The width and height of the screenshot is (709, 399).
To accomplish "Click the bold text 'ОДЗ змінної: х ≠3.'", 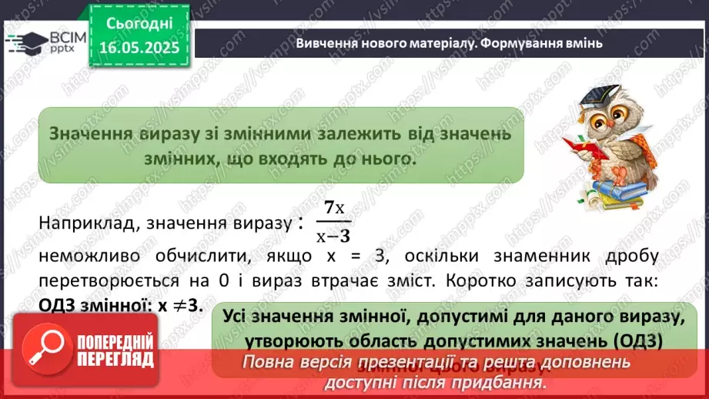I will [120, 305].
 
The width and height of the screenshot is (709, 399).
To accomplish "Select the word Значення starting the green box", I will [85, 133].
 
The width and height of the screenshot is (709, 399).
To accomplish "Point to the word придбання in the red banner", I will [500, 381].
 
